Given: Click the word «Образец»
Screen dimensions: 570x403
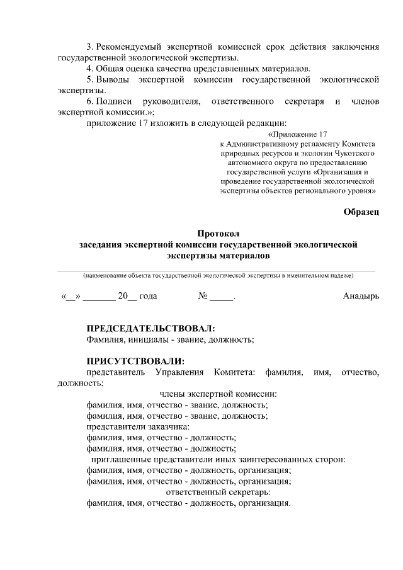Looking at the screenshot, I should point(361,212).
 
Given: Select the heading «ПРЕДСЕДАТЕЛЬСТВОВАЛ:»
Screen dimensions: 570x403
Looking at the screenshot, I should point(150,329).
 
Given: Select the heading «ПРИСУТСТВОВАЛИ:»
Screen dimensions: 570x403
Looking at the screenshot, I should point(135,361).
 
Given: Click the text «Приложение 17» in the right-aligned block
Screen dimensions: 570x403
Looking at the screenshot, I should point(299,134).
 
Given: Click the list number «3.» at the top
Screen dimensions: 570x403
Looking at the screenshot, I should point(90,47).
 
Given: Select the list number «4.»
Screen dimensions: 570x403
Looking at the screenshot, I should point(90,68).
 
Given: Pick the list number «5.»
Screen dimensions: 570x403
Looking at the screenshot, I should point(90,79).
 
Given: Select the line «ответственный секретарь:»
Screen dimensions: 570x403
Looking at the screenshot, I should point(218,491).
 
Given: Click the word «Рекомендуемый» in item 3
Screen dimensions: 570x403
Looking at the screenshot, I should point(128,47).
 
